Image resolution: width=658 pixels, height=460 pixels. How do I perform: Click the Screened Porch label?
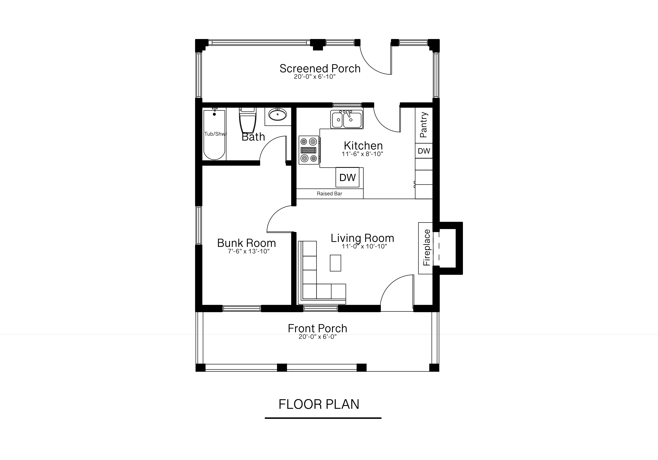click(320, 68)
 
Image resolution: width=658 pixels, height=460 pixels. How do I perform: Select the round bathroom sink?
click(277, 115)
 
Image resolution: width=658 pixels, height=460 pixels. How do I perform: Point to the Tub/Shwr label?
click(216, 134)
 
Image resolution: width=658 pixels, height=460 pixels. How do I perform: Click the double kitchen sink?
click(347, 119)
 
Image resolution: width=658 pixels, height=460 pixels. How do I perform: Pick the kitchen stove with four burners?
click(309, 150)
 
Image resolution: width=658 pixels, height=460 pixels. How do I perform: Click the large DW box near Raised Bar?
click(347, 177)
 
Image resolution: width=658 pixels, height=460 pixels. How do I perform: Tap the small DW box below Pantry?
click(424, 151)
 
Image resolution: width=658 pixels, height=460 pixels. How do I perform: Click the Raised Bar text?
click(329, 194)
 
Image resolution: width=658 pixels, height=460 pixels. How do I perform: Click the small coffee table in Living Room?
click(335, 263)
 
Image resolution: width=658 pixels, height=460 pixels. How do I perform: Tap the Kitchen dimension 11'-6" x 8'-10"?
click(362, 154)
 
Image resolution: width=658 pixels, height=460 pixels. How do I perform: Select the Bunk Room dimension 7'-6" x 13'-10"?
click(249, 251)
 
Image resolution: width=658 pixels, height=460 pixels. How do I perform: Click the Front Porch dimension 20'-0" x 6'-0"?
click(317, 337)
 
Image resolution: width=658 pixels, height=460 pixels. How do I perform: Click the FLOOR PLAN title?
click(319, 404)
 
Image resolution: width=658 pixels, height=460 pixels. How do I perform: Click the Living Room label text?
click(362, 238)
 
